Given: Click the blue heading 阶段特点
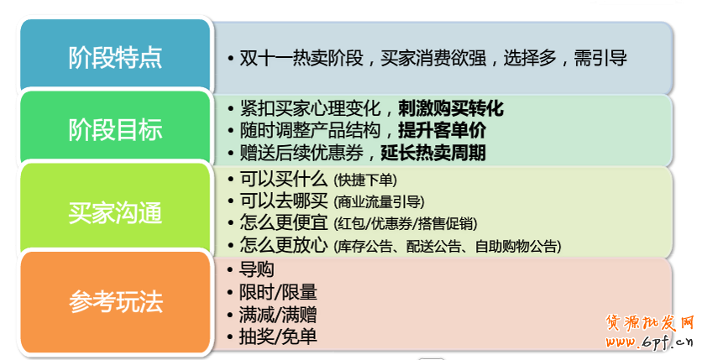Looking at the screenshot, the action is tap(115, 58).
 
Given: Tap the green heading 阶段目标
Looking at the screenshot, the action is tap(115, 130).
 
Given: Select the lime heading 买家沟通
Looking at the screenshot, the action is tap(115, 212).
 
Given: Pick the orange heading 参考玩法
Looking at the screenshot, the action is tap(115, 301).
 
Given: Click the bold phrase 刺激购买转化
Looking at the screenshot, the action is tap(451, 108).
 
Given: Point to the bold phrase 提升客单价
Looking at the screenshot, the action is tap(443, 131).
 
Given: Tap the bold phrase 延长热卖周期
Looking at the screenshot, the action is tap(433, 153).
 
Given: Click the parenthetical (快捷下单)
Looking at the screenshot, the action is tap(365, 180).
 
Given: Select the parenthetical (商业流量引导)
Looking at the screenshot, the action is tap(380, 202).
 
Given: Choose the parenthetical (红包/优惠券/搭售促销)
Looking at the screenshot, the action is tap(406, 223).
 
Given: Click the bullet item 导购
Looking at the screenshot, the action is tap(257, 269).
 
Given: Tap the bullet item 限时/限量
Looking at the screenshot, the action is tap(278, 293).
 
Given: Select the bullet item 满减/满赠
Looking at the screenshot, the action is tap(278, 315).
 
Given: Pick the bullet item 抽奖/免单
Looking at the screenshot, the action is tap(278, 337).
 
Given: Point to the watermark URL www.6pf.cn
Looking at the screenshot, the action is tap(650, 342).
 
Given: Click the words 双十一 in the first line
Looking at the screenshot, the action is tap(265, 59).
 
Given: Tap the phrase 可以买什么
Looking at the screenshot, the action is tap(283, 180).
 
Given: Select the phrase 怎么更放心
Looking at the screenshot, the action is tap(283, 245).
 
